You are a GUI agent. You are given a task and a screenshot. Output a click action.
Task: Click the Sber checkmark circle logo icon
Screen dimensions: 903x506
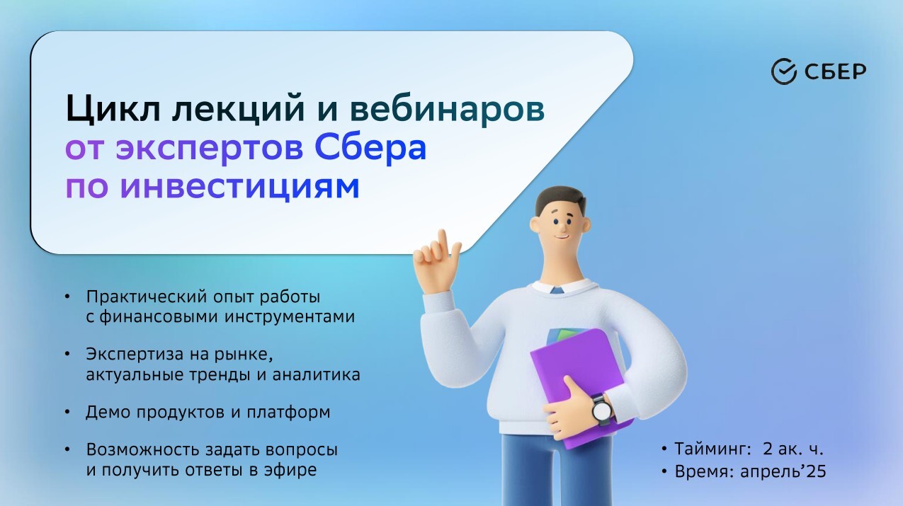tap(784, 71)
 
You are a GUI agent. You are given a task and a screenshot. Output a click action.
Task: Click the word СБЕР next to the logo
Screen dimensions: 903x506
tap(835, 72)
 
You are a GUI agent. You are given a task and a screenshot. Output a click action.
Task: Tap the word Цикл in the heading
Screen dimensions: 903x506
tap(113, 109)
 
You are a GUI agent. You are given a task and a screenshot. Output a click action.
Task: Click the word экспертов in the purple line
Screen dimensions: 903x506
tap(209, 149)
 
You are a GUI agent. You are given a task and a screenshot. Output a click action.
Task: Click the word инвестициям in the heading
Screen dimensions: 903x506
tap(239, 187)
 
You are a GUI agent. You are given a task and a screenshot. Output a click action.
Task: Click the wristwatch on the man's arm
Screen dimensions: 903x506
tap(602, 410)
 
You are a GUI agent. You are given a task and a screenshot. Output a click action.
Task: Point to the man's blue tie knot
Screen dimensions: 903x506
tap(557, 290)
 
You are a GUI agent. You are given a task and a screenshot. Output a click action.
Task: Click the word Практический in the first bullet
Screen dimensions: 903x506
tap(147, 297)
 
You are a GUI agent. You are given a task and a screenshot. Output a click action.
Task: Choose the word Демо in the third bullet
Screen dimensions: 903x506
tap(108, 412)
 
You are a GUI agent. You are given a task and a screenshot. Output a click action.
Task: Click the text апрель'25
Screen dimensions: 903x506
tap(783, 471)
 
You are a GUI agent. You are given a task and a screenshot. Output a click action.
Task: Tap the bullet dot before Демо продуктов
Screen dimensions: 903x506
tap(67, 412)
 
